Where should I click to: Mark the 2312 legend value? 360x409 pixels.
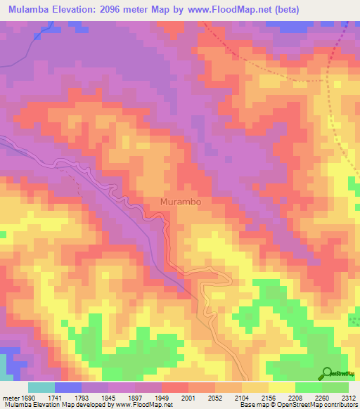coord(349,398)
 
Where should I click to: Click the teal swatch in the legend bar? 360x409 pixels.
coord(41,387)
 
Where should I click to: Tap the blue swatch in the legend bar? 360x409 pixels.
coord(68,387)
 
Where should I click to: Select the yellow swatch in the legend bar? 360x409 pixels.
coord(281,387)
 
